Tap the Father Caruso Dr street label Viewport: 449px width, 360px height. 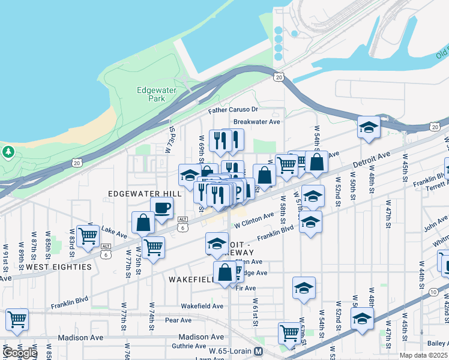[233, 110]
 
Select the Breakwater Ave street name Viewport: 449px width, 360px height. [257, 121]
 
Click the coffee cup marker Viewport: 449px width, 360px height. [161, 208]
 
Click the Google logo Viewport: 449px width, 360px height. [20, 353]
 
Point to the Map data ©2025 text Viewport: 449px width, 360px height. [423, 355]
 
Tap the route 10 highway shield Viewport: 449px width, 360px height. [433, 292]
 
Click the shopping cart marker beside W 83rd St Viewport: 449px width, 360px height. [88, 236]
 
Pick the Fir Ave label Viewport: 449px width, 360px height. [246, 288]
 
